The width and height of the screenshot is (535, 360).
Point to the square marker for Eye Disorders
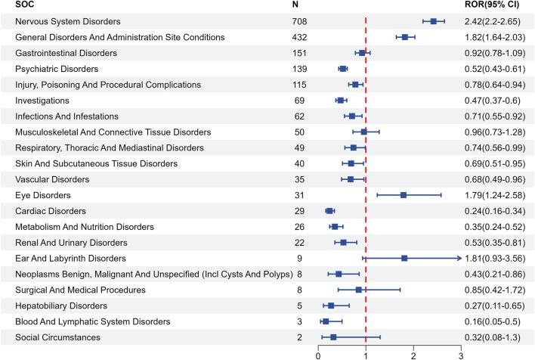coord(404,194)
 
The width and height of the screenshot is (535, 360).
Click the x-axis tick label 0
coord(318,352)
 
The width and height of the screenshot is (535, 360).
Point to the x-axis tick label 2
coord(413,352)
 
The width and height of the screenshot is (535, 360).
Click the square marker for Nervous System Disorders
coord(433,21)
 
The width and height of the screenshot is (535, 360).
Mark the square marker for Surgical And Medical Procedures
coord(359,290)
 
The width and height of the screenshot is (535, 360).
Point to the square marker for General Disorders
coord(405,37)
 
